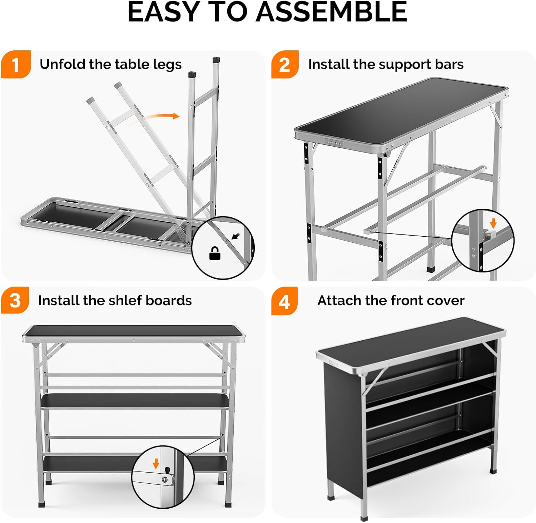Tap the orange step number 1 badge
[15, 65]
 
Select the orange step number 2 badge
[284, 65]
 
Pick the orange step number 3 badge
[15, 300]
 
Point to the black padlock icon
[214, 253]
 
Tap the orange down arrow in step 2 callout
[493, 223]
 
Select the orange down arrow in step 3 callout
[156, 464]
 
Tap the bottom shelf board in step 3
[89, 464]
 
